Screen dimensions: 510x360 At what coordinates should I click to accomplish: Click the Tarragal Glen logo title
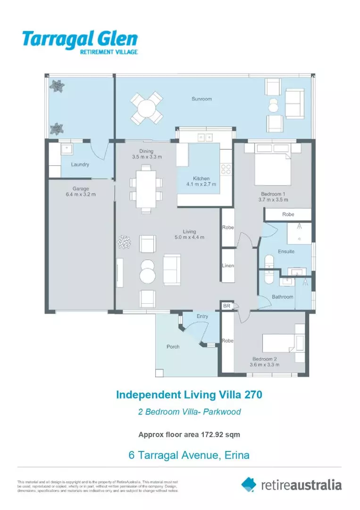point(80,39)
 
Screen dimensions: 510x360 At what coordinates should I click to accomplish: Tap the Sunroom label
point(201,99)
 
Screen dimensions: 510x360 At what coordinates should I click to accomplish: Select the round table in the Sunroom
point(147,107)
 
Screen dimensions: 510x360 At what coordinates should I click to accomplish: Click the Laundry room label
point(80,165)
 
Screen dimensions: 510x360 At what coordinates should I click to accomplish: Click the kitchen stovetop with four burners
point(226,169)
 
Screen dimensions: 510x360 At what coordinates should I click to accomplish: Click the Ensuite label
point(286,252)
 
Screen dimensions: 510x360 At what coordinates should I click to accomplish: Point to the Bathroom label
point(282,297)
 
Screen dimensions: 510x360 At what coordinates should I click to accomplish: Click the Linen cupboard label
point(228,266)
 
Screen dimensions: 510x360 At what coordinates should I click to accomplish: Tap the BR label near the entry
point(226,306)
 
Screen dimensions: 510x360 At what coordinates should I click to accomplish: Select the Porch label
point(173,347)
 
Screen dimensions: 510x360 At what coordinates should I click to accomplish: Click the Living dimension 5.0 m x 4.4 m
point(190,238)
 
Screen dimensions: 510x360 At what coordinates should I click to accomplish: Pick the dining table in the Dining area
point(146,187)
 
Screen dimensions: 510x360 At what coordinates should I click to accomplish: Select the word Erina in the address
point(236,456)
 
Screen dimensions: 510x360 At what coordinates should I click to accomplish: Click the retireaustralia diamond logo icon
point(249,484)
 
